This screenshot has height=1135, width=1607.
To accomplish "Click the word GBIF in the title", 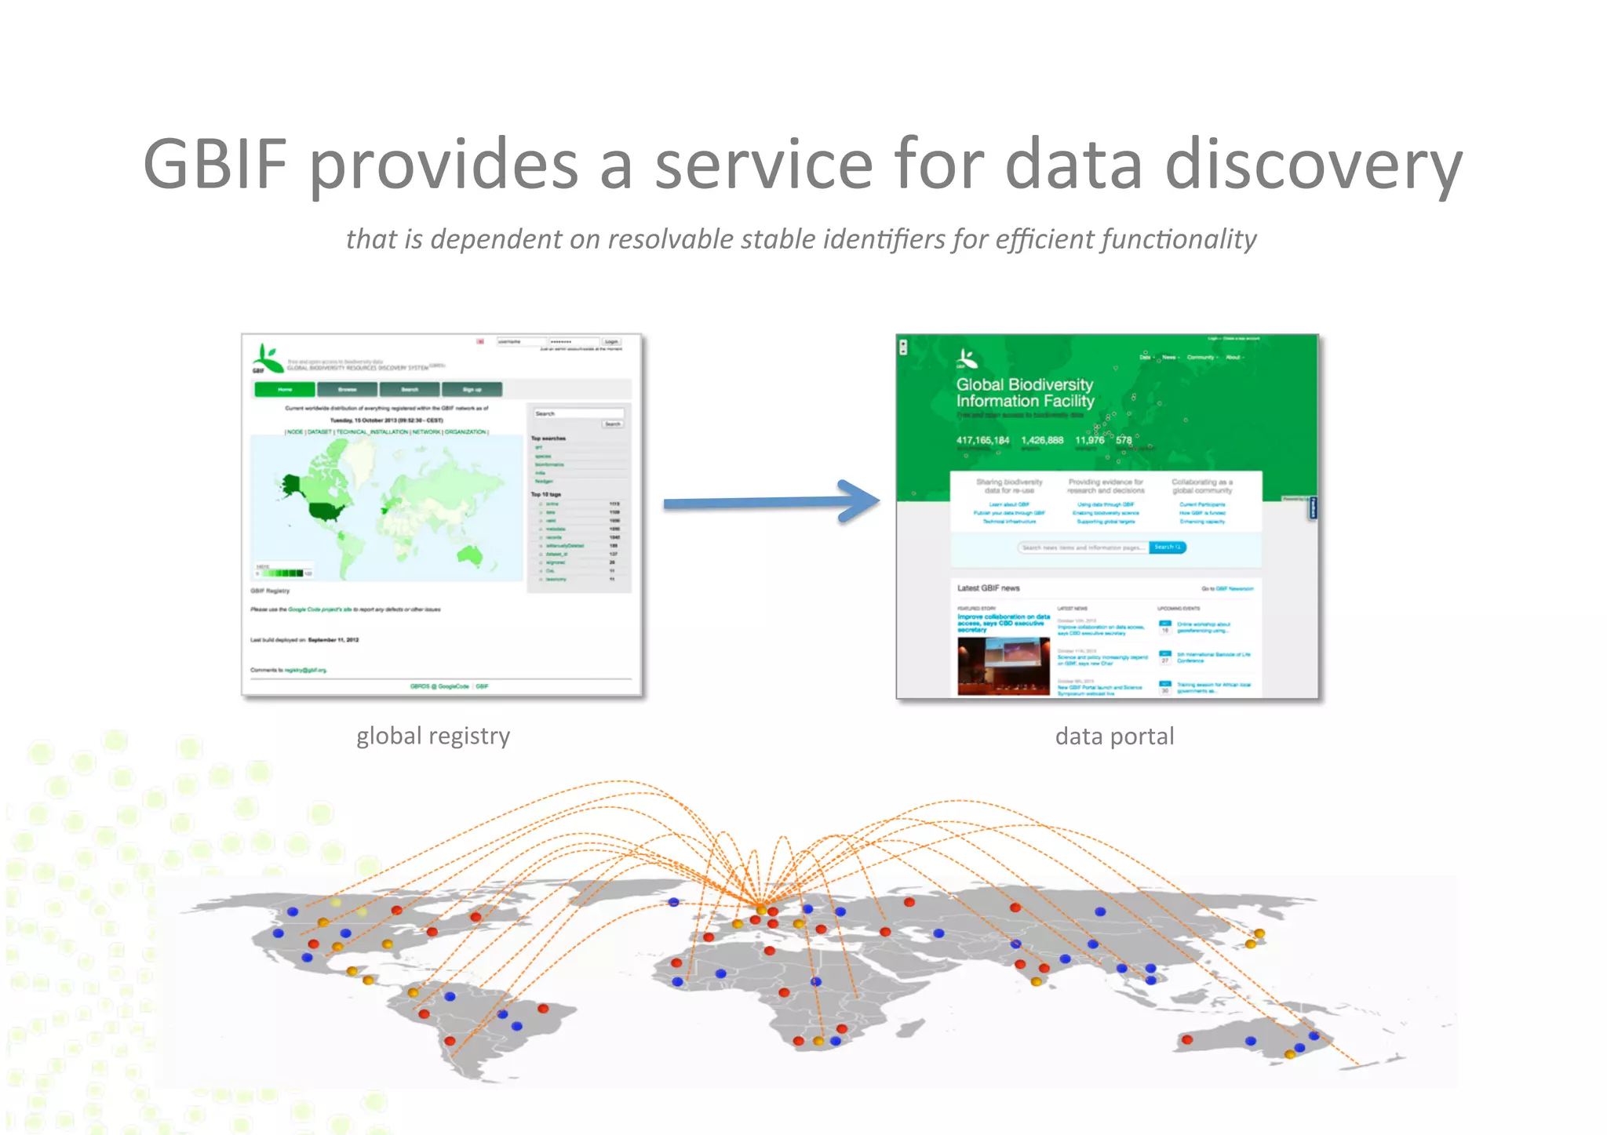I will [216, 164].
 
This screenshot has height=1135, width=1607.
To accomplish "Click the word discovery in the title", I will [1314, 164].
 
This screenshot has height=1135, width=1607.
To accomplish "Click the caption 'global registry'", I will [433, 736].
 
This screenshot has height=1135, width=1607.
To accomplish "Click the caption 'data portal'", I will [1114, 737].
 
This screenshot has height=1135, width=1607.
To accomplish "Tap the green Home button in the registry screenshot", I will [284, 389].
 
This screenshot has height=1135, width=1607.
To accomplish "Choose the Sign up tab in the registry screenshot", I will [472, 389].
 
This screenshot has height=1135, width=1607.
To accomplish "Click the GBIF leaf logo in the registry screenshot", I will [268, 359].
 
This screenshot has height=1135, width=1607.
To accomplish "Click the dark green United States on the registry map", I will [326, 512].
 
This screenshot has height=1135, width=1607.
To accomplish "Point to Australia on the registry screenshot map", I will [469, 555].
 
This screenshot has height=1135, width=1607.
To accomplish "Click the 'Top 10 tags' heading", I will [546, 494].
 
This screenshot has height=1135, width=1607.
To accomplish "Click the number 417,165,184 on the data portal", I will [982, 440].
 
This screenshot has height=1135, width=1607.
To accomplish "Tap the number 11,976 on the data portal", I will [1089, 440].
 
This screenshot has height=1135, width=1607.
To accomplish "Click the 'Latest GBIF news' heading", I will [988, 588].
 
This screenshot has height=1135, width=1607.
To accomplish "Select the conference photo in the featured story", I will [1004, 666].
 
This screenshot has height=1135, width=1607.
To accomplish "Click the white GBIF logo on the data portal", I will [967, 359].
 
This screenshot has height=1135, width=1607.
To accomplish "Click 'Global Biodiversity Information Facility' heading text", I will [1025, 392].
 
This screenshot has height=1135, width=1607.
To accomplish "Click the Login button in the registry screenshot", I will [611, 342].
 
